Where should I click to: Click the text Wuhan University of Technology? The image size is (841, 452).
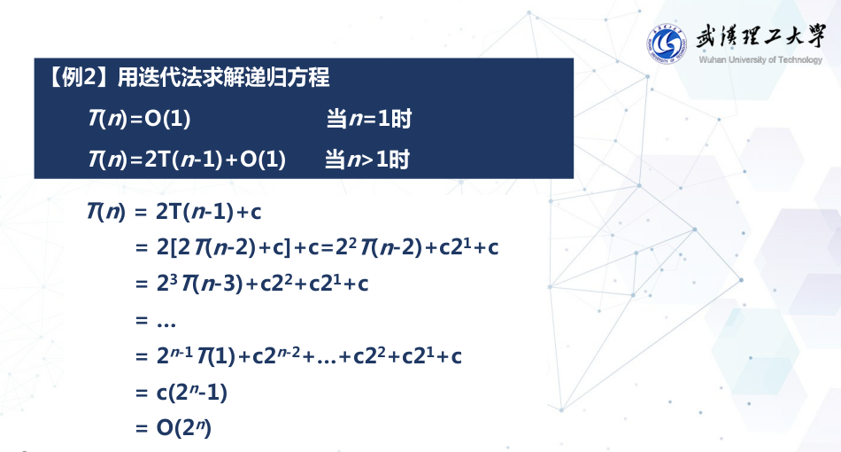[760, 60]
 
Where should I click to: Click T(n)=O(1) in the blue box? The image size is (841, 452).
[139, 119]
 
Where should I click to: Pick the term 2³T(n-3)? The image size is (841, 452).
[200, 284]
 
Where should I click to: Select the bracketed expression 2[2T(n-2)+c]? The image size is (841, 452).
[230, 248]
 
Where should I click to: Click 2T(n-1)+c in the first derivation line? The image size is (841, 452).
[209, 212]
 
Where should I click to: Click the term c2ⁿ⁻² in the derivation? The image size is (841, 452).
[280, 356]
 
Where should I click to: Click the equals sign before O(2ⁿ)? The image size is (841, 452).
[141, 428]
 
